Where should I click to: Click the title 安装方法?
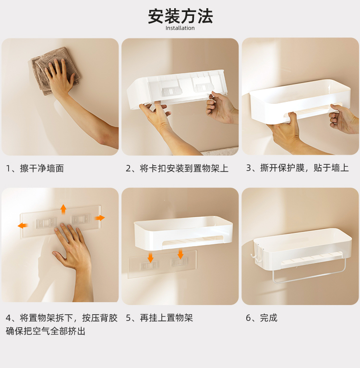(180, 16)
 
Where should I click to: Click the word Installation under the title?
(180, 28)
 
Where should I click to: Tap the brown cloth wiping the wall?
(56, 71)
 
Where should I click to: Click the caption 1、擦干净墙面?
(35, 168)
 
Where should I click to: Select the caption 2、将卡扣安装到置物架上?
(177, 168)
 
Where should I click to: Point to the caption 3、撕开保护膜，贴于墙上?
(298, 168)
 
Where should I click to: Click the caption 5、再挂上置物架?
(159, 318)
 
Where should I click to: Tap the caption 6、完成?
(262, 318)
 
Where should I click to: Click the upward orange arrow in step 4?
(63, 209)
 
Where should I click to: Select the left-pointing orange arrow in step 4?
(23, 225)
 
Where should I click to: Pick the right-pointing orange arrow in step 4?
(100, 218)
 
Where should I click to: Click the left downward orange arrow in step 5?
(151, 258)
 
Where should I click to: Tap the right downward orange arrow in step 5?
(180, 254)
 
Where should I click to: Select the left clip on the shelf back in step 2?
(170, 92)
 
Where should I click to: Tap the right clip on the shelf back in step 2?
(204, 87)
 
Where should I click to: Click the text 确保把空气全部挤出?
(46, 331)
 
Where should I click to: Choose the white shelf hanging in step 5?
(183, 233)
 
